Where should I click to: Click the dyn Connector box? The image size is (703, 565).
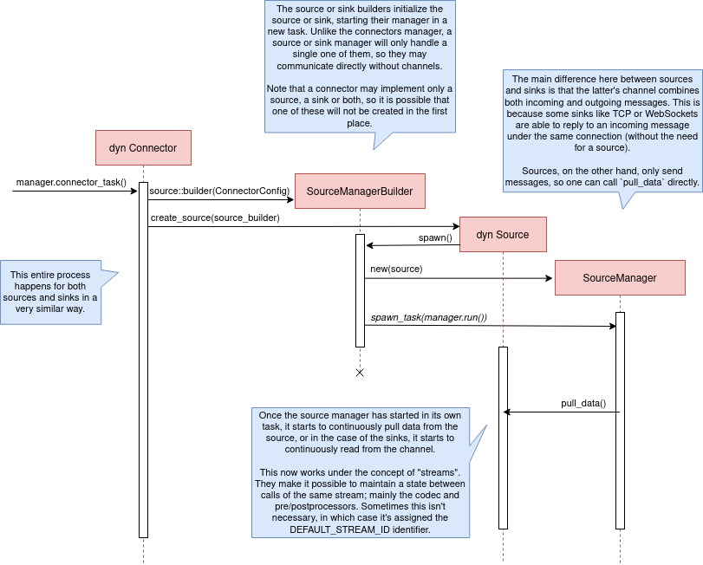point(143,147)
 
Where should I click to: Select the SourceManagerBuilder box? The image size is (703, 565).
point(360,191)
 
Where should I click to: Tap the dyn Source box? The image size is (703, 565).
point(503,234)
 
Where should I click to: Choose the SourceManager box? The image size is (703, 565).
point(620,278)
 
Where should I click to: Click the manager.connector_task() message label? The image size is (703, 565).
point(71,183)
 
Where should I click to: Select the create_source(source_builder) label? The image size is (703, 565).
point(215,218)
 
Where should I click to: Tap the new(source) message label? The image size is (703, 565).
point(396,269)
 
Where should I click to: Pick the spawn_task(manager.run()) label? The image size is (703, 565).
point(428,317)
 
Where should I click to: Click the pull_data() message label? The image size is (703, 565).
point(583,403)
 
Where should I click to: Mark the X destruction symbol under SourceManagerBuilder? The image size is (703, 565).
point(360,373)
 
